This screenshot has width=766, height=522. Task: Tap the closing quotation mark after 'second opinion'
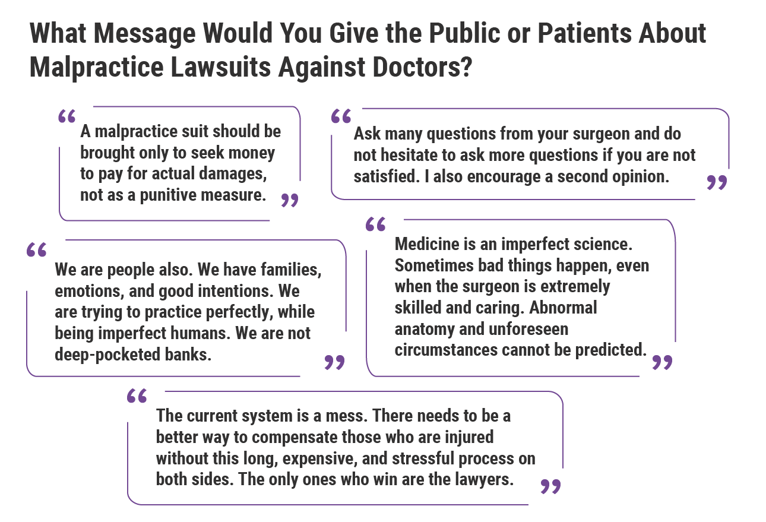tap(717, 182)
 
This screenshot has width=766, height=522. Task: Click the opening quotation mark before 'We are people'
tap(37, 249)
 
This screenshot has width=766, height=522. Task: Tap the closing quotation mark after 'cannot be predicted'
tap(662, 362)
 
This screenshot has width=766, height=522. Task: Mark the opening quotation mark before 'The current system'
tap(137, 397)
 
